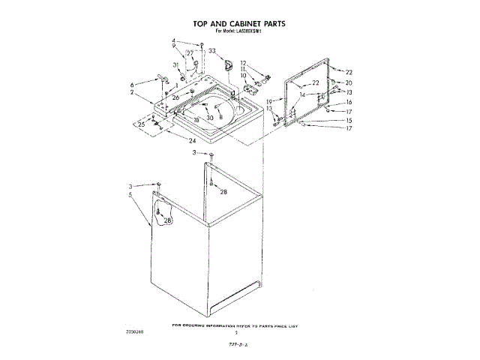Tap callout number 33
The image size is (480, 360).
212,51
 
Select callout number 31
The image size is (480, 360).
175,65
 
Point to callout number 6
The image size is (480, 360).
133,84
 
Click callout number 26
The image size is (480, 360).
175,97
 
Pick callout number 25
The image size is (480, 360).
141,124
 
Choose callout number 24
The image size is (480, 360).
193,141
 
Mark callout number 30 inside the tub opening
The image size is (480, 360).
210,118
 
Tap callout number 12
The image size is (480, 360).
243,63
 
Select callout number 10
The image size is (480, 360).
243,76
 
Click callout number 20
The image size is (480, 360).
349,82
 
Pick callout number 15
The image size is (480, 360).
349,120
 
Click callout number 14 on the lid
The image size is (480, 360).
302,95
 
